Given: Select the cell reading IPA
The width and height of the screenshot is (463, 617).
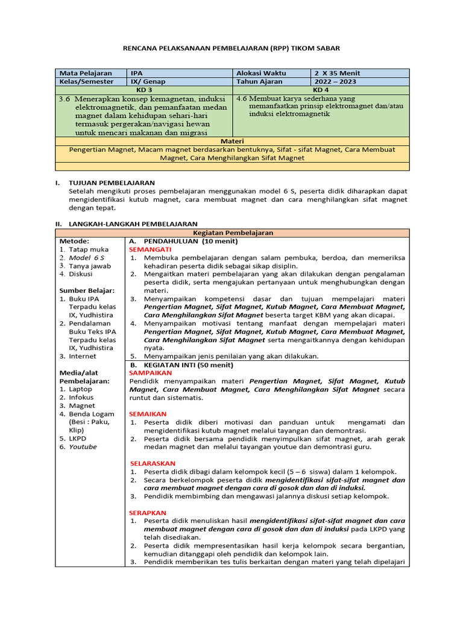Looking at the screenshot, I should coord(181,73).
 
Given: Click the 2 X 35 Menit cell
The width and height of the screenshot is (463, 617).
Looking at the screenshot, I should coord(360,73).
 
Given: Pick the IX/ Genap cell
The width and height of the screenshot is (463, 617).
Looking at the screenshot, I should coord(181,81).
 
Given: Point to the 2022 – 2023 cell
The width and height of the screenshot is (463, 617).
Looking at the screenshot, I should coord(360,81).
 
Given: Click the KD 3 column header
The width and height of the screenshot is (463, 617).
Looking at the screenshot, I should coord(144,90).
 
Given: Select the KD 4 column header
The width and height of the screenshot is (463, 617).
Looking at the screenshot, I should coord(320,90).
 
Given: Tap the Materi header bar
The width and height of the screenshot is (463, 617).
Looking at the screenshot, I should coord(231,140).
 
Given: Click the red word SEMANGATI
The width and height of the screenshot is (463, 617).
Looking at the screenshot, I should coord(150,249).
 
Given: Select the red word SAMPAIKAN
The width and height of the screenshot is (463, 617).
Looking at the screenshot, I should coord(151,372).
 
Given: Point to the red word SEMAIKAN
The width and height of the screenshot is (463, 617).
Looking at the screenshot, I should coord(148,414).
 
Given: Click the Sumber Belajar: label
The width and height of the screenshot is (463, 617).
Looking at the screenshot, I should coord(87,290).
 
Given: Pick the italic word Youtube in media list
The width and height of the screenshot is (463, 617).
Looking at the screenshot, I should coord(82,446).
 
